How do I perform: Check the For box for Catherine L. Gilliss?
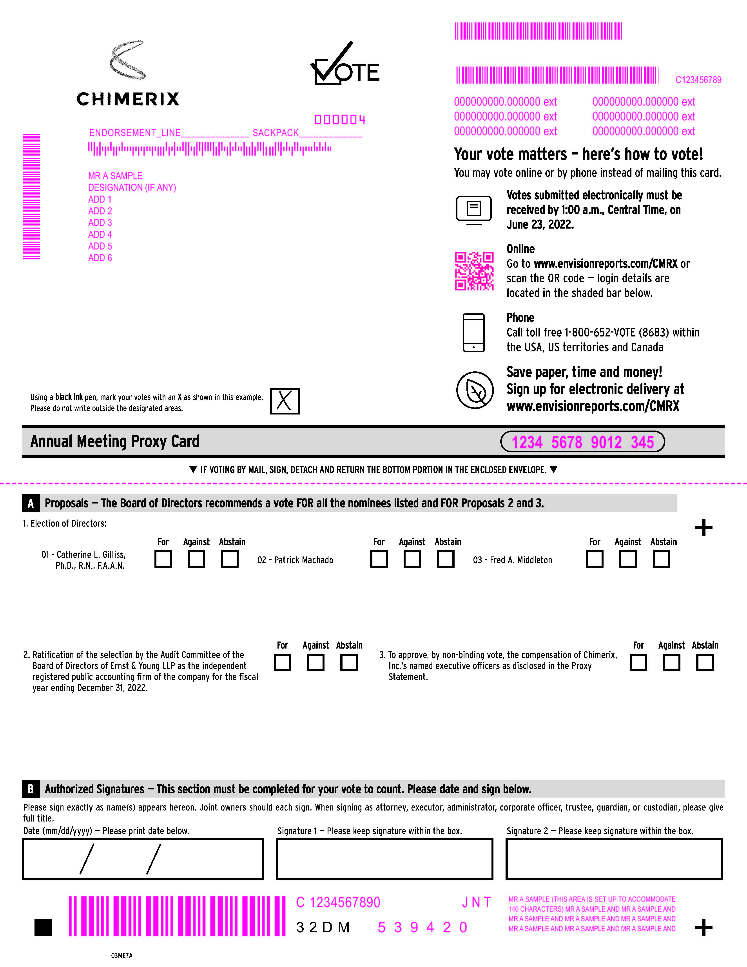[163, 559]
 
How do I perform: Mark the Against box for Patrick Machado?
[412, 559]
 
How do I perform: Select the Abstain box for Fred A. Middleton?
[661, 559]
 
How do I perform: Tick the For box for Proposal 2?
[282, 662]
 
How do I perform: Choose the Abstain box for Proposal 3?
[705, 662]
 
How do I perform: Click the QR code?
[474, 271]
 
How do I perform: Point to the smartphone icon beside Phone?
[473, 333]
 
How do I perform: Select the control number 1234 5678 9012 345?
[582, 442]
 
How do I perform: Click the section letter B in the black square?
[31, 789]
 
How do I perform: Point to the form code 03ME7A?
[122, 956]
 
